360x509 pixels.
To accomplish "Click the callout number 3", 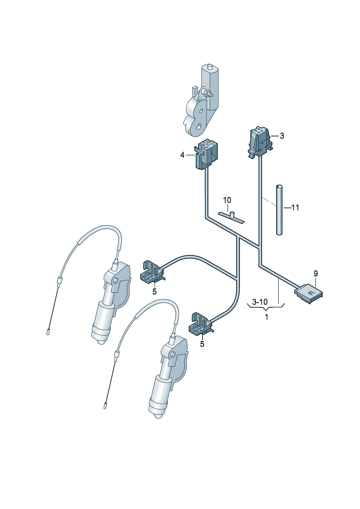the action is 282,136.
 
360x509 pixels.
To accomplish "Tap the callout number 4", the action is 182,156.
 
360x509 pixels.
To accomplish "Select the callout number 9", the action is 316,274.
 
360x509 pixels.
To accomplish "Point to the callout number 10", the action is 227,200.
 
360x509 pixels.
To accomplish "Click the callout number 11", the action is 295,208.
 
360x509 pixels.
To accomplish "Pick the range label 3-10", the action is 260,302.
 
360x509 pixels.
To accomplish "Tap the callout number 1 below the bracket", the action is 267,317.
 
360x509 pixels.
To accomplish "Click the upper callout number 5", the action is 155,292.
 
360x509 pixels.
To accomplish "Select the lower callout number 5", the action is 202,344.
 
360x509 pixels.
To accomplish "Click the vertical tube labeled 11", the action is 279,210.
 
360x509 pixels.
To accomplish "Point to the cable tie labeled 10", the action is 232,217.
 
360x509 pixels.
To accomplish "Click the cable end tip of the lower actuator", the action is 105,405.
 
